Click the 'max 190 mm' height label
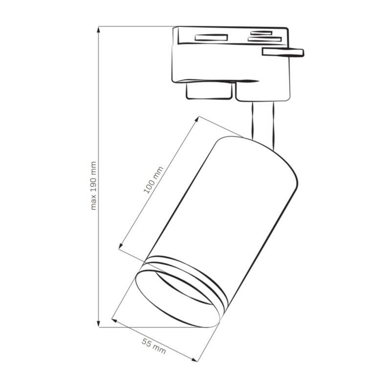(93, 186)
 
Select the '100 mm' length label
(153, 180)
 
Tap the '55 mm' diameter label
(154, 346)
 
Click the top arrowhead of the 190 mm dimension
(99, 29)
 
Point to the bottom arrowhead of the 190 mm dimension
(99, 324)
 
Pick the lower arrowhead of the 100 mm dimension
(121, 246)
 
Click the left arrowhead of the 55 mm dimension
(114, 321)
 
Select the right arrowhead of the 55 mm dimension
(194, 359)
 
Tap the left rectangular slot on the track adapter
(211, 38)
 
